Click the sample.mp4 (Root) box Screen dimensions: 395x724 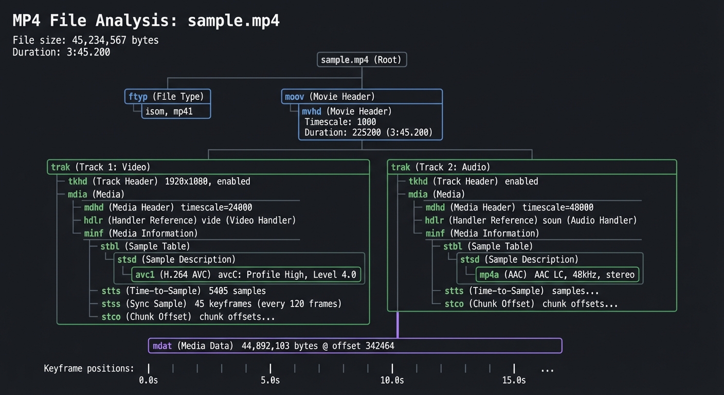[x=362, y=60]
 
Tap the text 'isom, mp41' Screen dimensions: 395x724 [x=169, y=111]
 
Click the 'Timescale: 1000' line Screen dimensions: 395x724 [x=340, y=122]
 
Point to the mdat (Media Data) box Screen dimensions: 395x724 [x=355, y=346]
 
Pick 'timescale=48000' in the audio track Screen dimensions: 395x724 [x=558, y=207]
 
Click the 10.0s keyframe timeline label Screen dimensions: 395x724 [x=392, y=381]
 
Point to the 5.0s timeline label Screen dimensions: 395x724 [x=270, y=381]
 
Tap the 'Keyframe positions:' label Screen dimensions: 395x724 [x=89, y=368]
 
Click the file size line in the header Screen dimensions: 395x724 [x=85, y=40]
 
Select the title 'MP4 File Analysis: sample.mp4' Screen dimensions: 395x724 [x=146, y=21]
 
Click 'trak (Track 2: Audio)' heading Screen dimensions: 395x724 [x=441, y=167]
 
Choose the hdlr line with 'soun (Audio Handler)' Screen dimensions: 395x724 [x=531, y=220]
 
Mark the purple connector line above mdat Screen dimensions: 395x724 [x=397, y=325]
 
